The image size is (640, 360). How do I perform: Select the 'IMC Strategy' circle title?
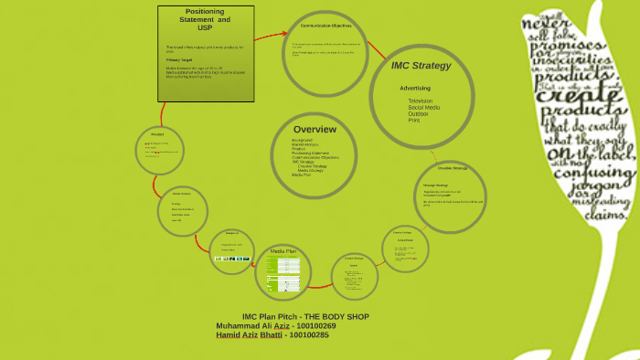pyautogui.click(x=421, y=66)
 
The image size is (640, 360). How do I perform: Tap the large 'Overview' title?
pyautogui.click(x=315, y=129)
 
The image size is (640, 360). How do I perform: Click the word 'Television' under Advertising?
pyautogui.click(x=420, y=101)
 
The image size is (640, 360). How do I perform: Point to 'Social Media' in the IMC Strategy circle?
pyautogui.click(x=423, y=107)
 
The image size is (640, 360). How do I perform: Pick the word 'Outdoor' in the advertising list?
pyautogui.click(x=418, y=113)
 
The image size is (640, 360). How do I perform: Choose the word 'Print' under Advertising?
pyautogui.click(x=414, y=120)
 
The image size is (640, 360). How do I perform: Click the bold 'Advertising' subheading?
pyautogui.click(x=414, y=88)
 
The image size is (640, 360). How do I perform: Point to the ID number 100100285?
pyautogui.click(x=307, y=334)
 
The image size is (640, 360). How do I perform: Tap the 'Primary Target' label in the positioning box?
pyautogui.click(x=179, y=58)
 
